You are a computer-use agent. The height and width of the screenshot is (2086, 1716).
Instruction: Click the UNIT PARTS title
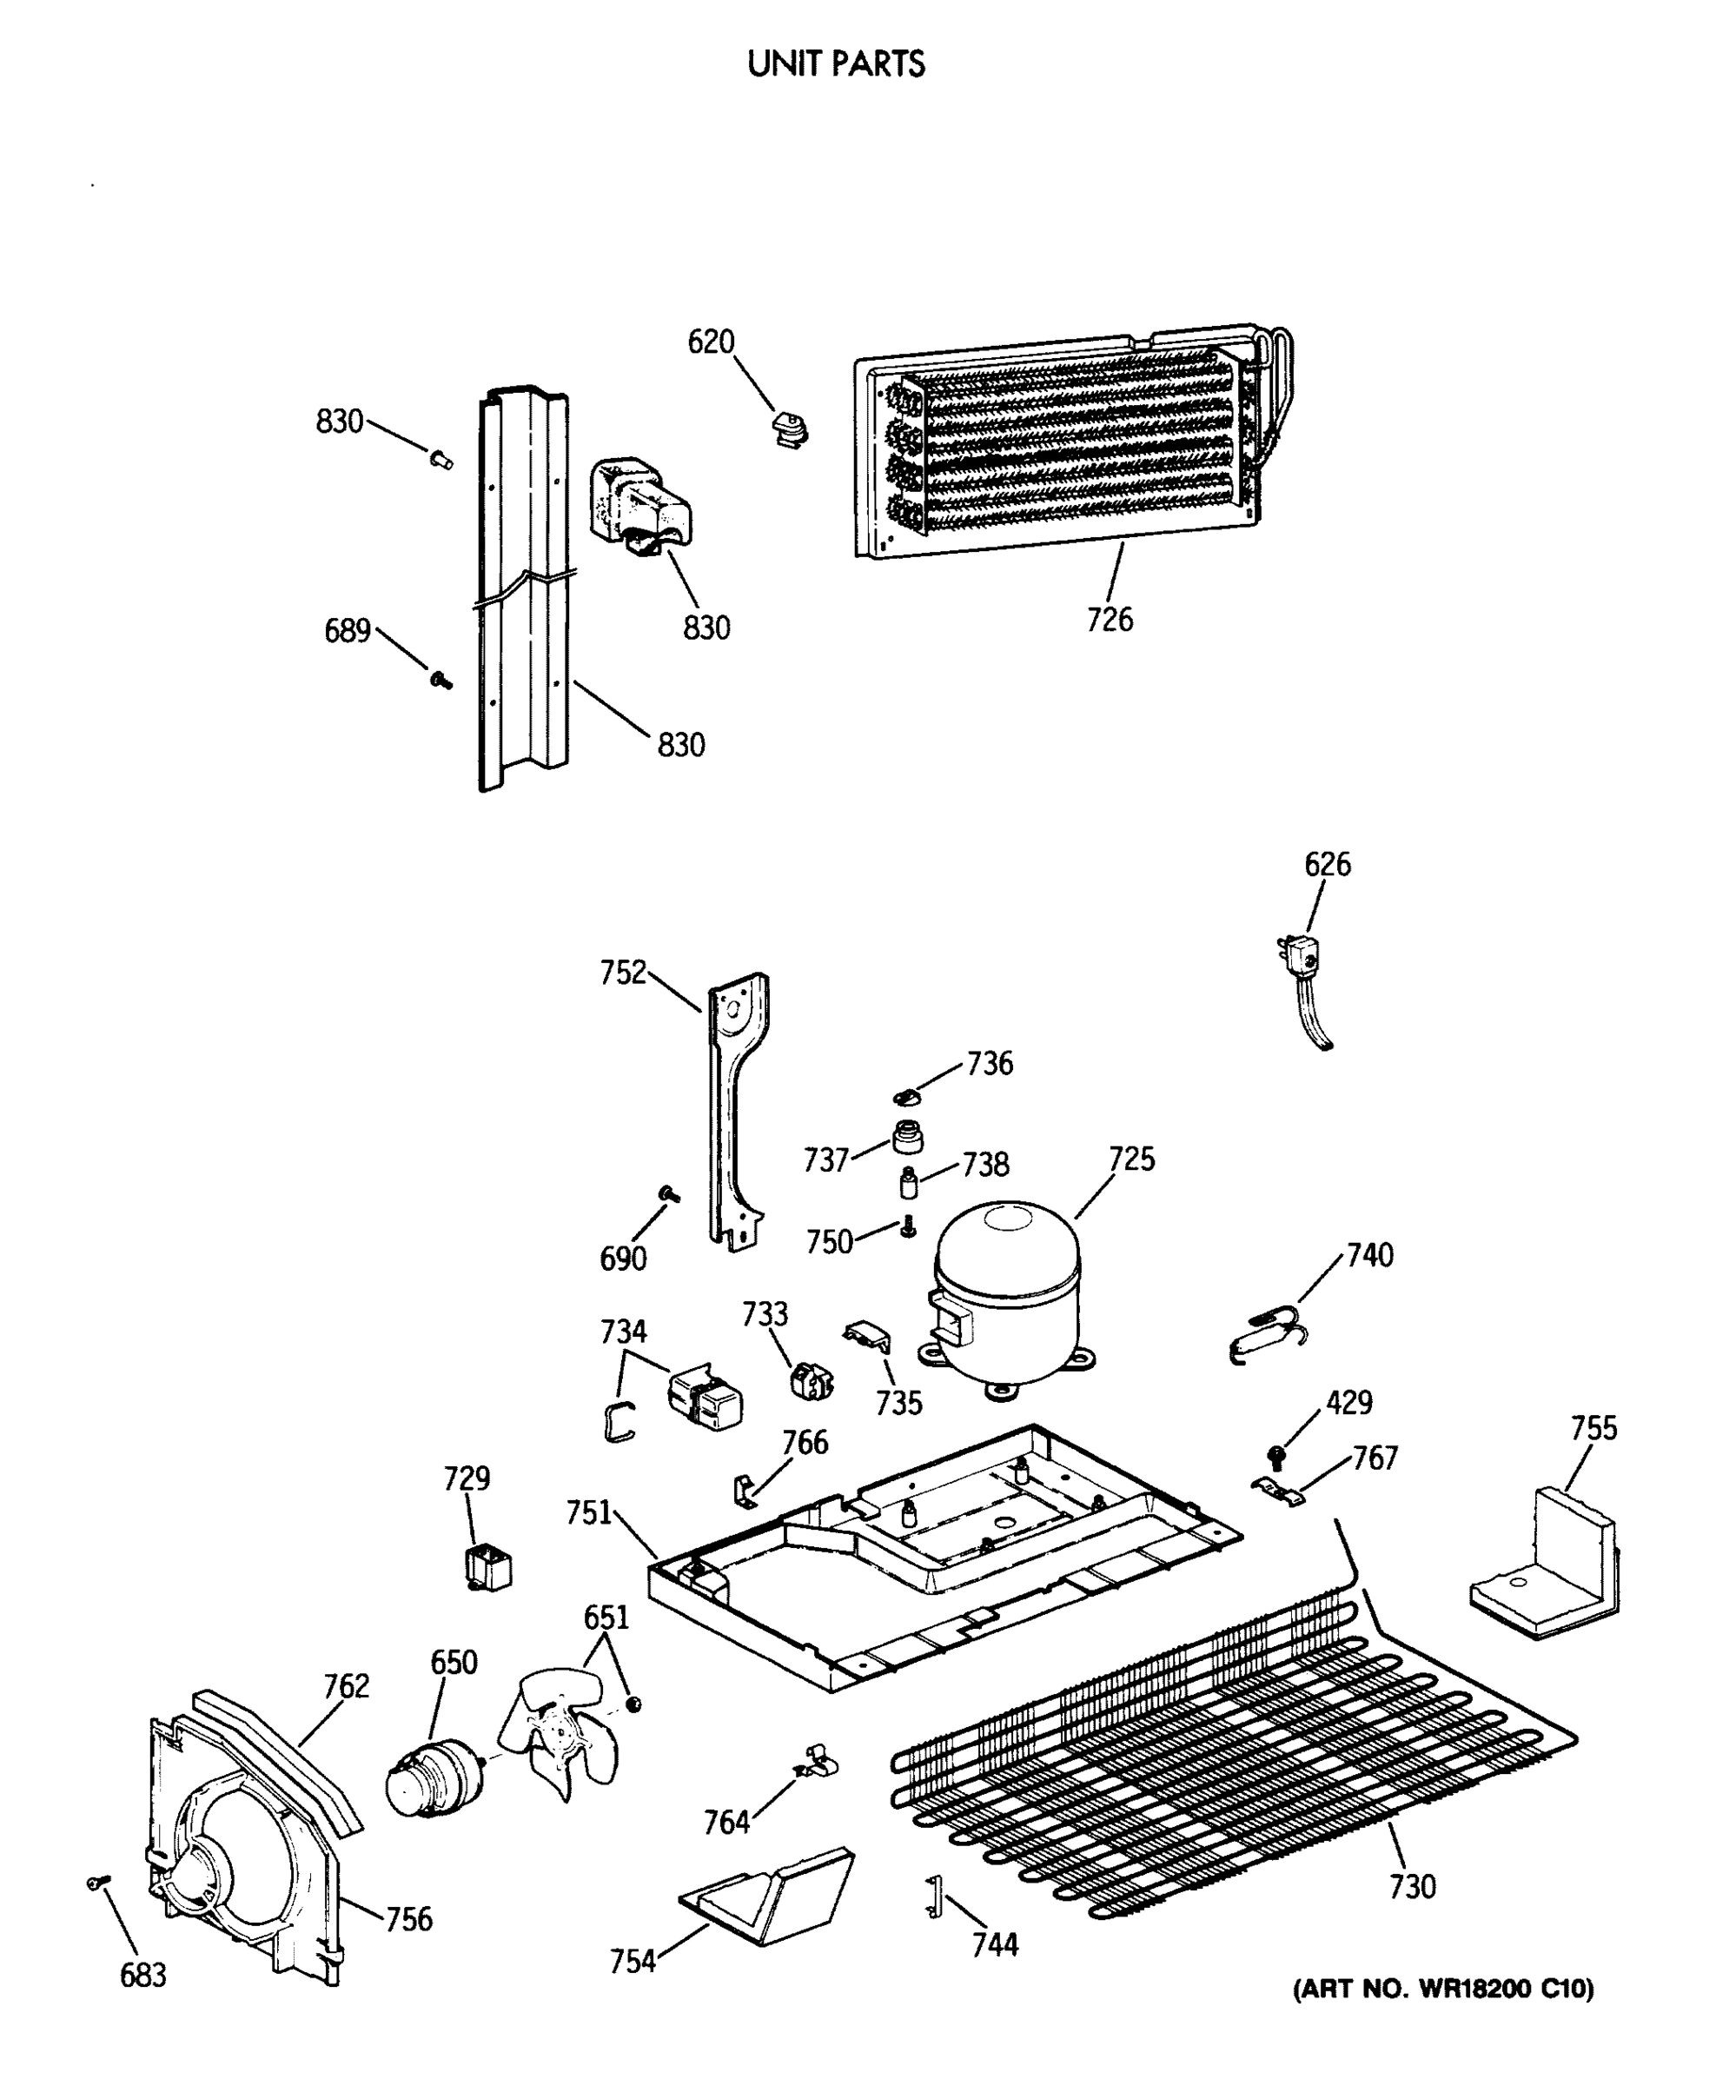836,64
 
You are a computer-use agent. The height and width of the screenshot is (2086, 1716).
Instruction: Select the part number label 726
1109,620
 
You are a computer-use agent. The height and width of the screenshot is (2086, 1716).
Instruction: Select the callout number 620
711,342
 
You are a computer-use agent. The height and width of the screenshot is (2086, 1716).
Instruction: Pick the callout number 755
1593,1429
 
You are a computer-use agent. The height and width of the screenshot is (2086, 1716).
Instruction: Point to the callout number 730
1412,1887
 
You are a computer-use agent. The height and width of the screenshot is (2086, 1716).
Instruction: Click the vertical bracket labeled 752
737,1107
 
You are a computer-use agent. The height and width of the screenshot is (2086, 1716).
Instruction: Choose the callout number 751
589,1512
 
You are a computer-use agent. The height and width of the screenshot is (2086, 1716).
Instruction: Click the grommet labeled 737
907,1137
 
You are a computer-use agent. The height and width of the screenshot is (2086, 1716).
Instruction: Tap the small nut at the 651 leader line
633,1704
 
